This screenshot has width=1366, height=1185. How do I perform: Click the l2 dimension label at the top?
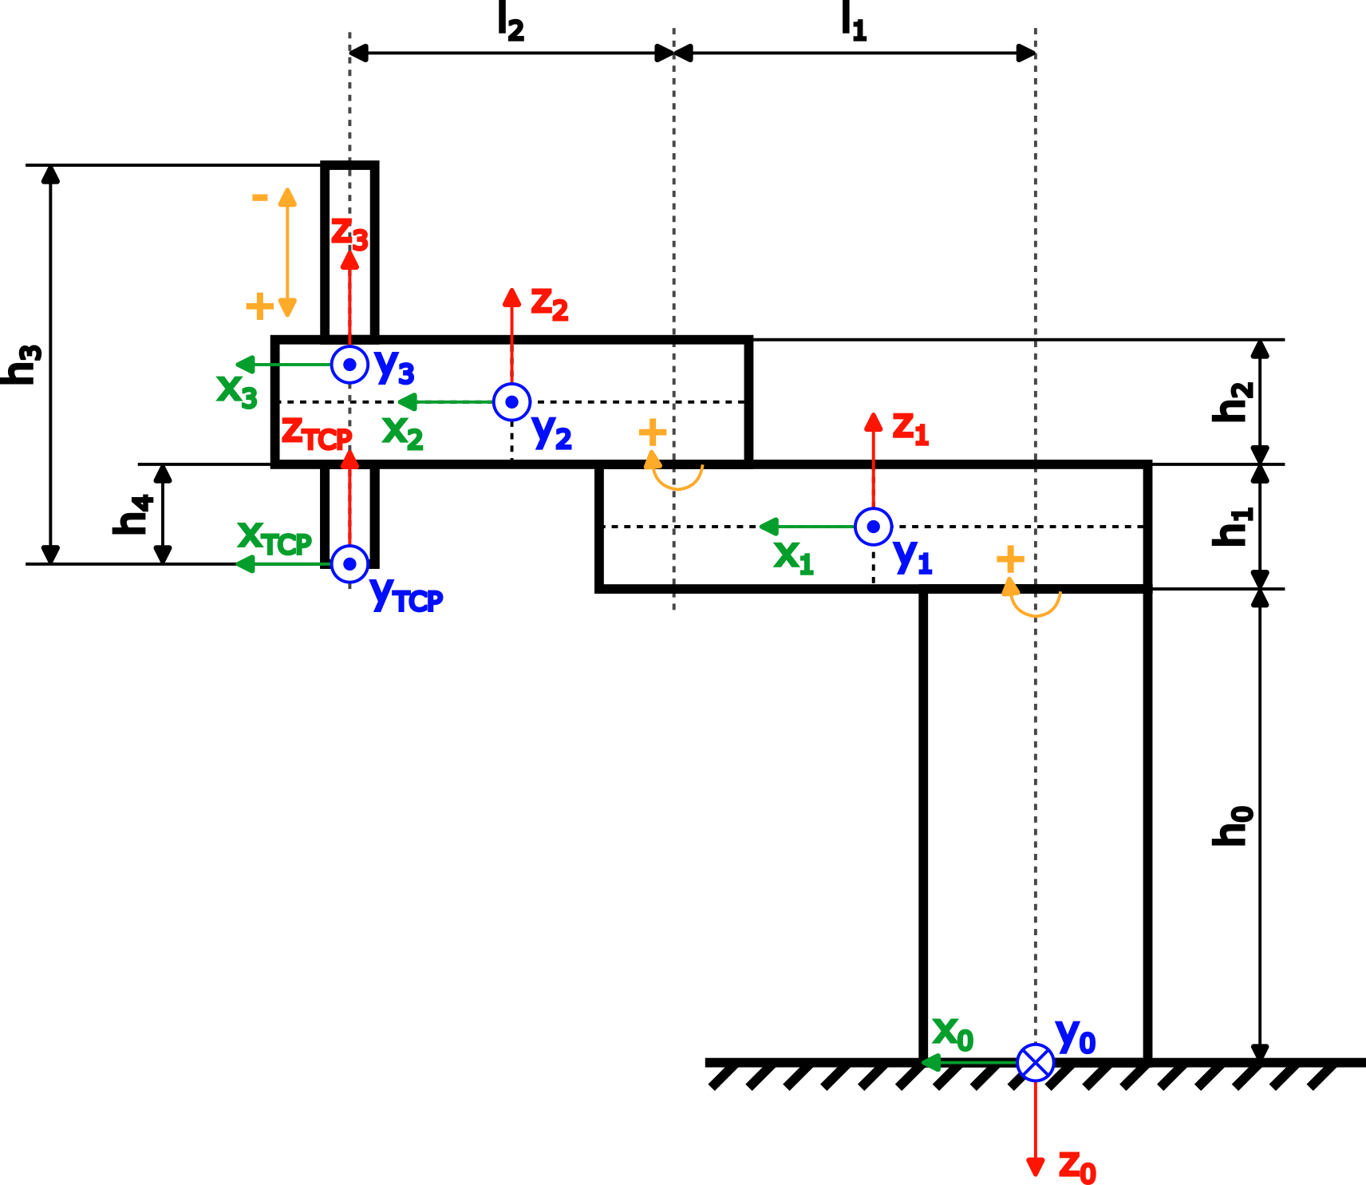coord(510,22)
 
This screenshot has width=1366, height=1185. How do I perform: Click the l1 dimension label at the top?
coord(853,22)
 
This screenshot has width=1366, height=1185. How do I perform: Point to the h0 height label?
coord(1233,825)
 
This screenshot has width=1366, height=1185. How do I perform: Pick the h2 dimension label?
coord(1233,401)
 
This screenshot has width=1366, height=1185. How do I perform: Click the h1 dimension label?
coord(1233,527)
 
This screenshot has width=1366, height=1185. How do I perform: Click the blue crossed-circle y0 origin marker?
coord(1035,1062)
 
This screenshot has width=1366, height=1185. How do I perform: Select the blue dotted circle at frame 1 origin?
coord(873,527)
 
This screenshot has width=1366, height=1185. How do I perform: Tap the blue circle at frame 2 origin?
coord(511,401)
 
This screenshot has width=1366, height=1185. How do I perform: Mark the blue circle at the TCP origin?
coord(349,564)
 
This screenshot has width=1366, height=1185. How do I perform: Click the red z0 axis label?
coord(1076,1167)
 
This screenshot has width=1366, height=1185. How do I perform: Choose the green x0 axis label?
coord(953,1033)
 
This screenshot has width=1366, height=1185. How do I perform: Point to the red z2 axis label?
coord(550,305)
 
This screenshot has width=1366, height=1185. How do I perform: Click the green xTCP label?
coord(274,539)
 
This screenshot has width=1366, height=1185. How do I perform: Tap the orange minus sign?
coord(260,197)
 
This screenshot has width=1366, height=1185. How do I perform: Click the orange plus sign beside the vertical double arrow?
coord(259,306)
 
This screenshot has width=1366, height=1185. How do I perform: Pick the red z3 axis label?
coord(349,234)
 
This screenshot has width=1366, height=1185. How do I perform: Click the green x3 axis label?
coord(237,391)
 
